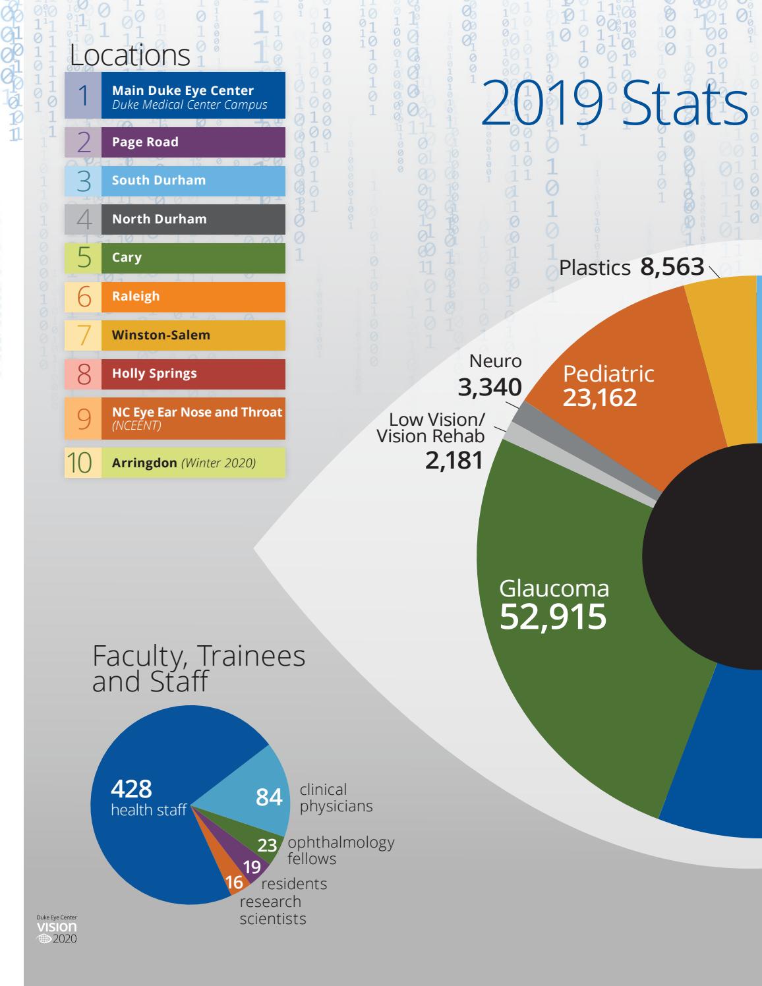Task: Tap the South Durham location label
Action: tap(159, 181)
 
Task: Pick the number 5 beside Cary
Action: tap(84, 258)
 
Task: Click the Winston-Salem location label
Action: tap(161, 335)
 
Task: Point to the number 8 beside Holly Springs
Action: tap(84, 374)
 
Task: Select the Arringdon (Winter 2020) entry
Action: tap(184, 463)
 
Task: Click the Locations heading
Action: tap(130, 55)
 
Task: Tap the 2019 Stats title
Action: tap(614, 104)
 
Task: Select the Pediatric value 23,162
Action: tap(600, 397)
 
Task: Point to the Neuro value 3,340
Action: tap(490, 388)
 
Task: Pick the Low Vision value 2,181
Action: tap(454, 460)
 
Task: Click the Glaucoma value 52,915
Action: tap(553, 617)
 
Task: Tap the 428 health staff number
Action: tap(131, 788)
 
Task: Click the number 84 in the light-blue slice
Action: tap(269, 797)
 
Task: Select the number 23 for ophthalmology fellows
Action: tap(267, 846)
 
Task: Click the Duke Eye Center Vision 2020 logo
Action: tap(57, 928)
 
